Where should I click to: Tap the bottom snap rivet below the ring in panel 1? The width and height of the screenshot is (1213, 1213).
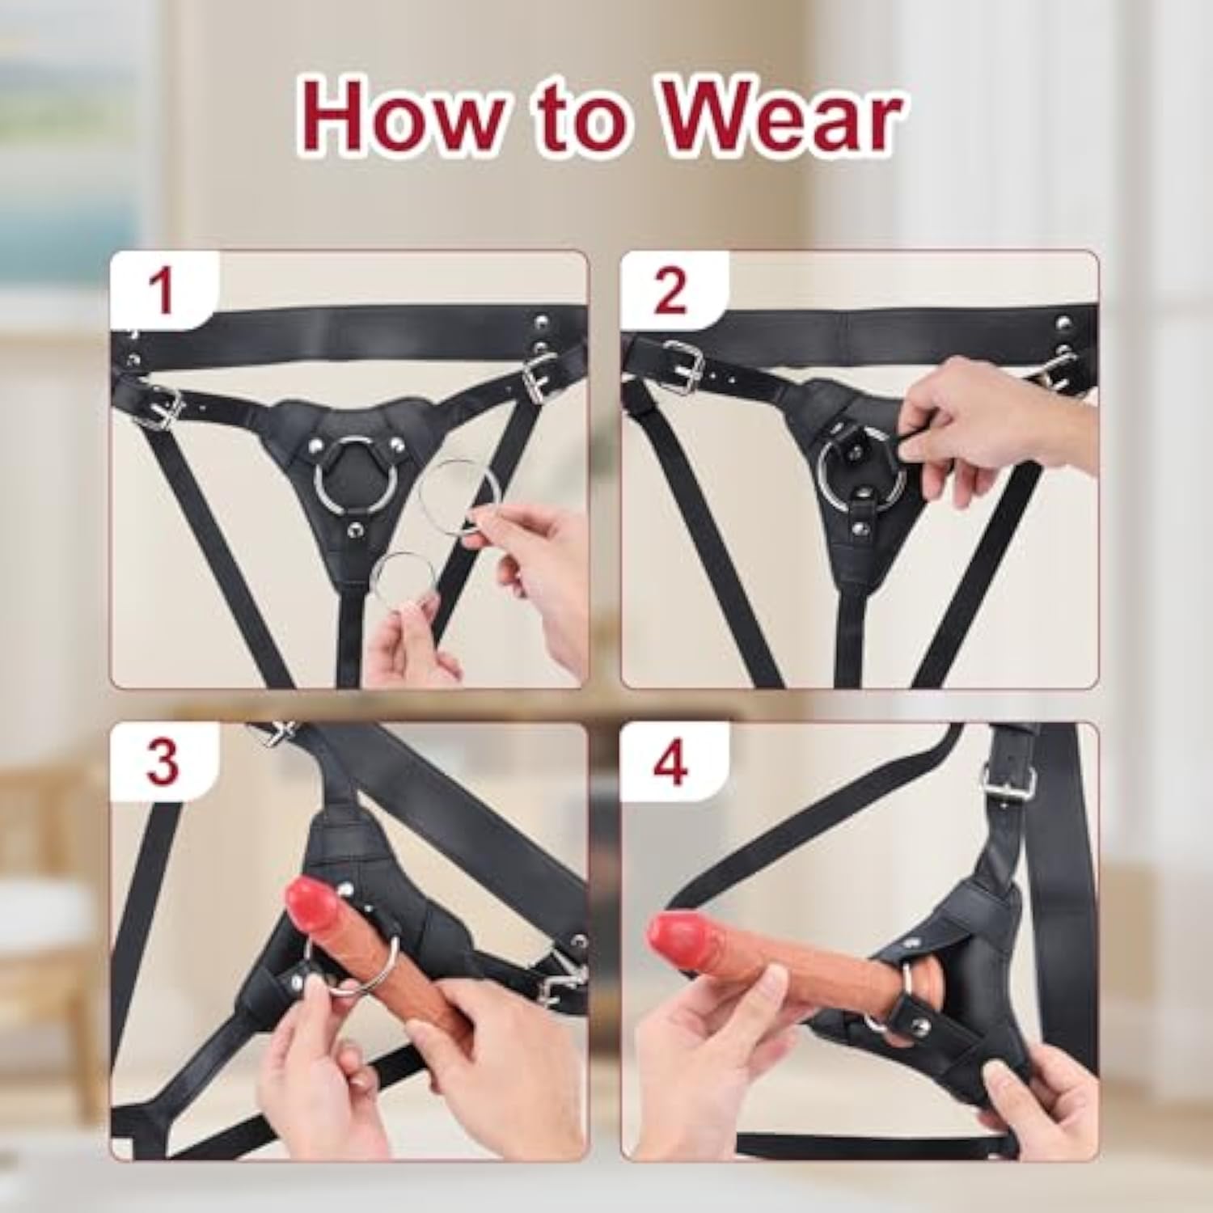[353, 530]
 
